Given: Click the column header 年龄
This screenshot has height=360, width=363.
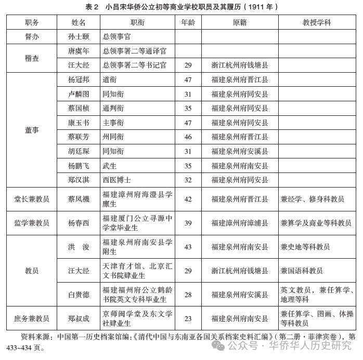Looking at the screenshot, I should pos(188,23).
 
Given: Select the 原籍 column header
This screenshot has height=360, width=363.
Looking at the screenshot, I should pos(240,23).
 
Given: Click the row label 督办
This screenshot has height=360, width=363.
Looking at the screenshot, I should pos(32,37).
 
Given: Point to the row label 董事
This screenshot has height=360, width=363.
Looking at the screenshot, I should pos(32,130).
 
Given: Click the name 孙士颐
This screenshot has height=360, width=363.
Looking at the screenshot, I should pos(79,37).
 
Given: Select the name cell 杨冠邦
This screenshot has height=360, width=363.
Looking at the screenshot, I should pos(79,80).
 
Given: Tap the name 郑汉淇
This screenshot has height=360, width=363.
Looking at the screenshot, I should pos(79,180).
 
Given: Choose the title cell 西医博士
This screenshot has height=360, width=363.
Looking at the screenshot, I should pos(116,180).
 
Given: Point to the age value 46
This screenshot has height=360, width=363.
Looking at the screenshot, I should pos(188,137).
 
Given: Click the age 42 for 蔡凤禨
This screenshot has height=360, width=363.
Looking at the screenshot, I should pos(188,199).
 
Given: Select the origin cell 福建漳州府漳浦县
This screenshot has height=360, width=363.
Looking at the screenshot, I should pos(240,223).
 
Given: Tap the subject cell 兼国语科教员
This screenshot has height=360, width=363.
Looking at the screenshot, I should pos(302,271).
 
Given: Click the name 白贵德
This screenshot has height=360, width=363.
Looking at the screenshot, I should pos(79,295).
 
